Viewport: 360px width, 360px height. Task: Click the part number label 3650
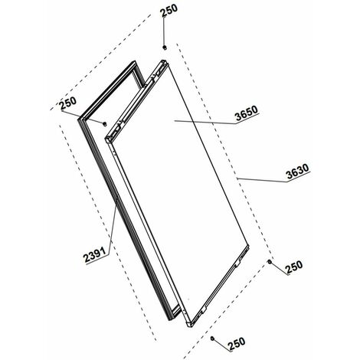click(x=247, y=113)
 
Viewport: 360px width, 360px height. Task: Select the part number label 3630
click(x=297, y=172)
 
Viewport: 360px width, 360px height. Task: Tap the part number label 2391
click(x=95, y=255)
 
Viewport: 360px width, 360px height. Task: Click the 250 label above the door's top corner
click(x=169, y=10)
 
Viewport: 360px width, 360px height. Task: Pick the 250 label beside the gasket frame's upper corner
click(x=68, y=103)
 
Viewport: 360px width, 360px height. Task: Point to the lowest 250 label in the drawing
click(x=237, y=343)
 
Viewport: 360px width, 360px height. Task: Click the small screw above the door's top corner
click(x=165, y=47)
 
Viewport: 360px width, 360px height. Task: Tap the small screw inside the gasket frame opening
click(x=104, y=124)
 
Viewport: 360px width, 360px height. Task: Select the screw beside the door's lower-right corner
click(x=269, y=262)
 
